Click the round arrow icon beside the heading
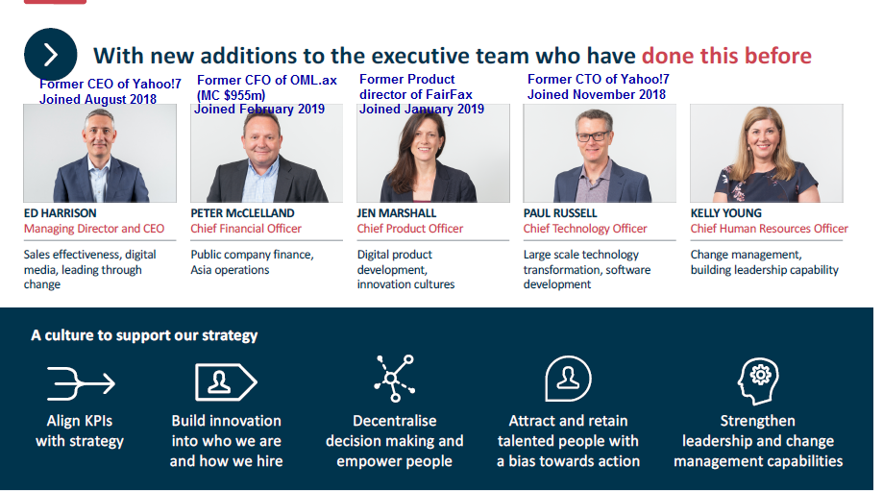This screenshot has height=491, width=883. click(x=51, y=55)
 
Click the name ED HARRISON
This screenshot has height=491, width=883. click(x=61, y=213)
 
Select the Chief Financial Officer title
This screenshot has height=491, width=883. click(x=246, y=228)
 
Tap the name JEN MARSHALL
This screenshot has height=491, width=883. click(x=397, y=213)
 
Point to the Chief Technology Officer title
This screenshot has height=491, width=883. click(x=585, y=228)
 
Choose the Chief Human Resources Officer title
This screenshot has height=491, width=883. click(x=770, y=228)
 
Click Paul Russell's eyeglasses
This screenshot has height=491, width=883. click(x=593, y=135)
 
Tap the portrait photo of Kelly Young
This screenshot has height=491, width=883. click(x=767, y=153)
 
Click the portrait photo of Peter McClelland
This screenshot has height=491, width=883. click(x=266, y=153)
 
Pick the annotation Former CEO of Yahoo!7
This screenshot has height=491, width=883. click(x=110, y=84)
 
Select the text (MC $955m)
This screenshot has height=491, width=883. click(x=231, y=95)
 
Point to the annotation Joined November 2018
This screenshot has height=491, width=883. click(x=597, y=94)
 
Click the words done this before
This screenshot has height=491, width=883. click(x=726, y=56)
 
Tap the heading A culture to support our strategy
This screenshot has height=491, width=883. click(x=144, y=335)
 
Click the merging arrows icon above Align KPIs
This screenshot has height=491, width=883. click(x=81, y=383)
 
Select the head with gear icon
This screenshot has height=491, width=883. click(x=758, y=381)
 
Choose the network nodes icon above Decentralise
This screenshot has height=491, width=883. click(x=395, y=378)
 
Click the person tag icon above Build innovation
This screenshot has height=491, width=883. click(x=226, y=381)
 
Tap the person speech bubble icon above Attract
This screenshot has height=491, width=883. click(x=568, y=379)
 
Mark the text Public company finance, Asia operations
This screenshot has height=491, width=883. click(x=252, y=261)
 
